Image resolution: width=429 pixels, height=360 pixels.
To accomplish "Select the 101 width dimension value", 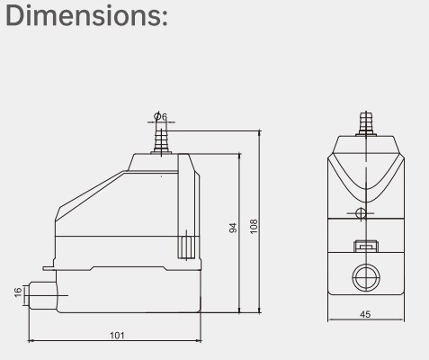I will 117,335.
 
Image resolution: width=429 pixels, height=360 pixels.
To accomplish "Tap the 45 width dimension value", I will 364,315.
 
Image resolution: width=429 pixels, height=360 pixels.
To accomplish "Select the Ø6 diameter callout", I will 158,116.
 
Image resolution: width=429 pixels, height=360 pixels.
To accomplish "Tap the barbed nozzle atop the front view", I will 364,122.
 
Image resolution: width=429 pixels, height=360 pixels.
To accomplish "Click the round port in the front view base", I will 364,278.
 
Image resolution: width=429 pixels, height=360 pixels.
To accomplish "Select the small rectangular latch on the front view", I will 364,246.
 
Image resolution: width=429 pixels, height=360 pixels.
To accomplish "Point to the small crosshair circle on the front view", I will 361,213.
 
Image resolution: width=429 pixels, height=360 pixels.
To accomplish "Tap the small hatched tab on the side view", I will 187,244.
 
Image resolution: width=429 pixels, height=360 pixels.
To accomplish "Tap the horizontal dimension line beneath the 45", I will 364,321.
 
